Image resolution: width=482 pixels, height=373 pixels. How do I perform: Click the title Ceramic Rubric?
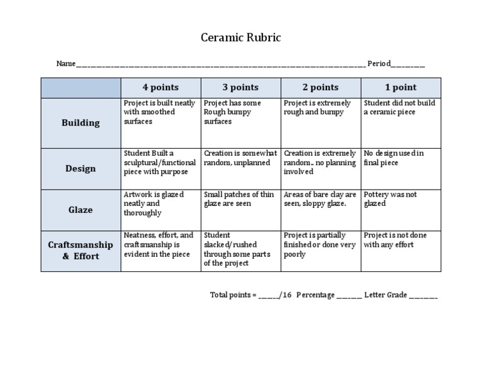241,38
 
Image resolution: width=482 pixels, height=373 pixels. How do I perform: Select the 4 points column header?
160,87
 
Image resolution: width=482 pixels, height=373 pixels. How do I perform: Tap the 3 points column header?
240,87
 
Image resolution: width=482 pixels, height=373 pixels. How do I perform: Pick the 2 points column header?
320,87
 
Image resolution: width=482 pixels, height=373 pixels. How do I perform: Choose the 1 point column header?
400,87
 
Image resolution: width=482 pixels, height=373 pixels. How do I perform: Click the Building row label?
80,122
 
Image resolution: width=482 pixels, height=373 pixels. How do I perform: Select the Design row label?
80,168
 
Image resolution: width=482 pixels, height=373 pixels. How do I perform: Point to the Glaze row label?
80,210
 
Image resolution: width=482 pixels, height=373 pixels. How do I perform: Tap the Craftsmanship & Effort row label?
80,250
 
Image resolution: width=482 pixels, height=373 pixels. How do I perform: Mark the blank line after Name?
220,64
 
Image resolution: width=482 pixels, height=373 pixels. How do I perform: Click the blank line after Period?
409,64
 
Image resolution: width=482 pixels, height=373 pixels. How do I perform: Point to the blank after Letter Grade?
424,295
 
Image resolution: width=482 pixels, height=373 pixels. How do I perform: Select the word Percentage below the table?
316,295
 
